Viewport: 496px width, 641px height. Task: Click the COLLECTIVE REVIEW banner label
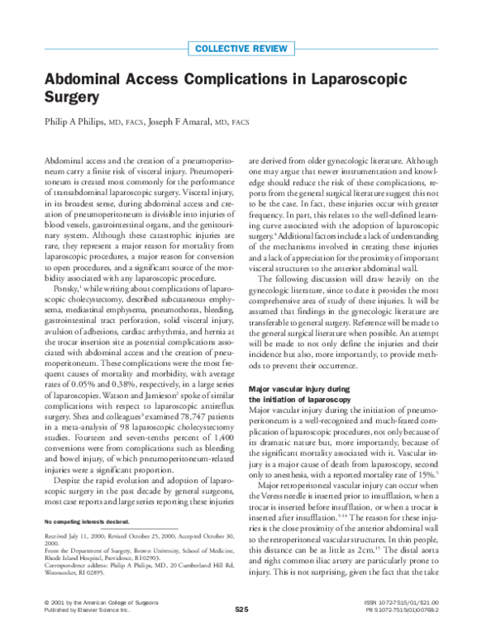click(247, 48)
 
